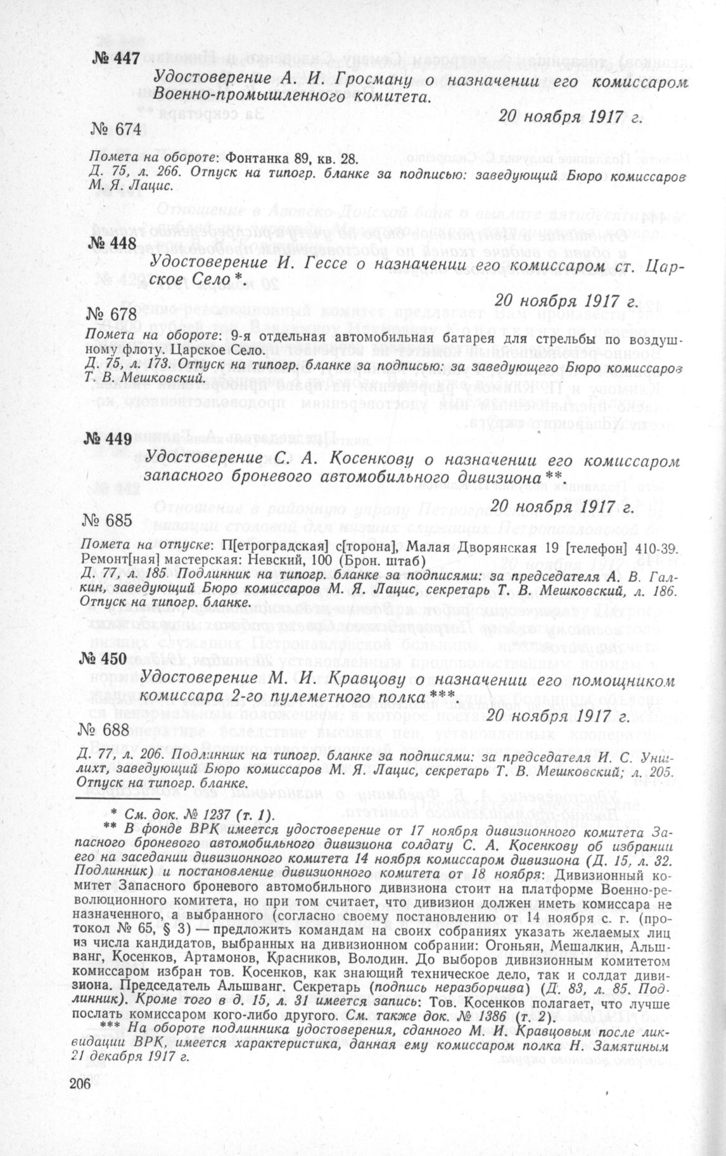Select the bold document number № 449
pyautogui.click(x=106, y=440)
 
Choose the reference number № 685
pyautogui.click(x=106, y=520)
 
